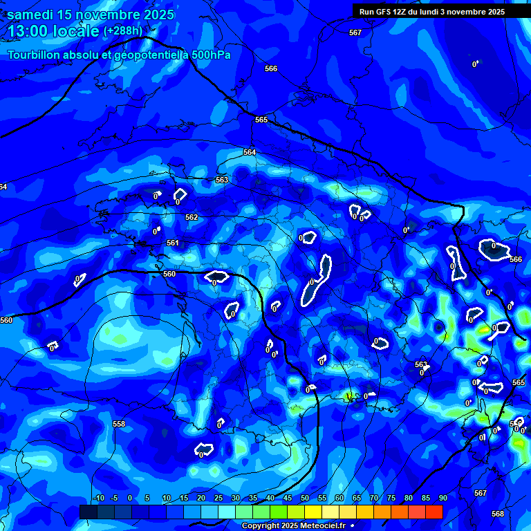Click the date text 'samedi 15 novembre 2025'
[91, 15]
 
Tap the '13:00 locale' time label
[54, 31]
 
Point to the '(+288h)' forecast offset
[123, 31]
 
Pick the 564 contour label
[250, 152]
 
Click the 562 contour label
[192, 217]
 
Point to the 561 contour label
[173, 243]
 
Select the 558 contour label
[119, 424]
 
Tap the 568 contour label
[498, 514]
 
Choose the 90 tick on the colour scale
[442, 498]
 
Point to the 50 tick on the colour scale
[304, 498]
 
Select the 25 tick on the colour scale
[218, 498]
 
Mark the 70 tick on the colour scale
[373, 498]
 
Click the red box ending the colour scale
[434, 512]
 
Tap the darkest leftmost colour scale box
[88, 512]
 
